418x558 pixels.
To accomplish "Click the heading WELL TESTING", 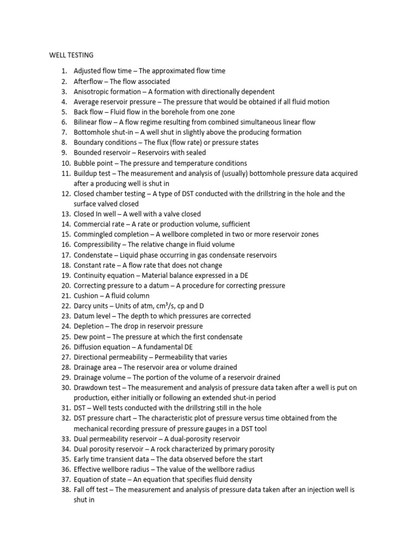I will [x=71, y=55].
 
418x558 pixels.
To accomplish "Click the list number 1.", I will [x=64, y=71].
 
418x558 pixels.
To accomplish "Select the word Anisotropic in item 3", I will [x=91, y=92].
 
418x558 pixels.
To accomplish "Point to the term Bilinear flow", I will [x=93, y=122].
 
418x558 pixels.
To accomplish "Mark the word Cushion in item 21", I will [x=86, y=296].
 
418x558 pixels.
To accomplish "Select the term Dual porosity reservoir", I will [x=109, y=449].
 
